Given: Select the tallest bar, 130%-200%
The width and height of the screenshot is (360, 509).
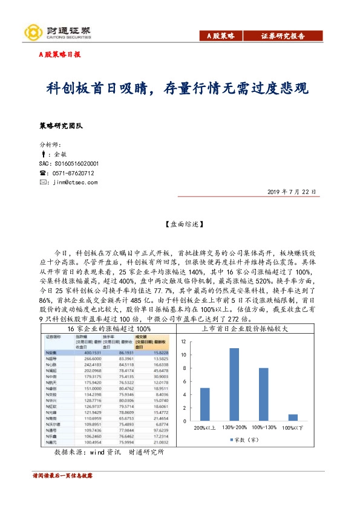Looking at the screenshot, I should click(234, 384).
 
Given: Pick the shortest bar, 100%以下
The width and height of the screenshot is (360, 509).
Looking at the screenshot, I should click(293, 418).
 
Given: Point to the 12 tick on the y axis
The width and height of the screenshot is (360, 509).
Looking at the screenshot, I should click(183, 342).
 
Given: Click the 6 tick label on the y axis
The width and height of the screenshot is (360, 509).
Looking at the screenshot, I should click(184, 381).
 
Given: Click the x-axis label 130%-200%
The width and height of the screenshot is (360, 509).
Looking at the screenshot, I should click(234, 428).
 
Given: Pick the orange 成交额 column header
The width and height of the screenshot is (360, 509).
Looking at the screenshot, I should click(142, 341).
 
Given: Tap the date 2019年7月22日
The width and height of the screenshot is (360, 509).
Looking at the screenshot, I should click(292, 192).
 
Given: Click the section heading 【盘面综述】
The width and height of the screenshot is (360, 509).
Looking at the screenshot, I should click(180, 224).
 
